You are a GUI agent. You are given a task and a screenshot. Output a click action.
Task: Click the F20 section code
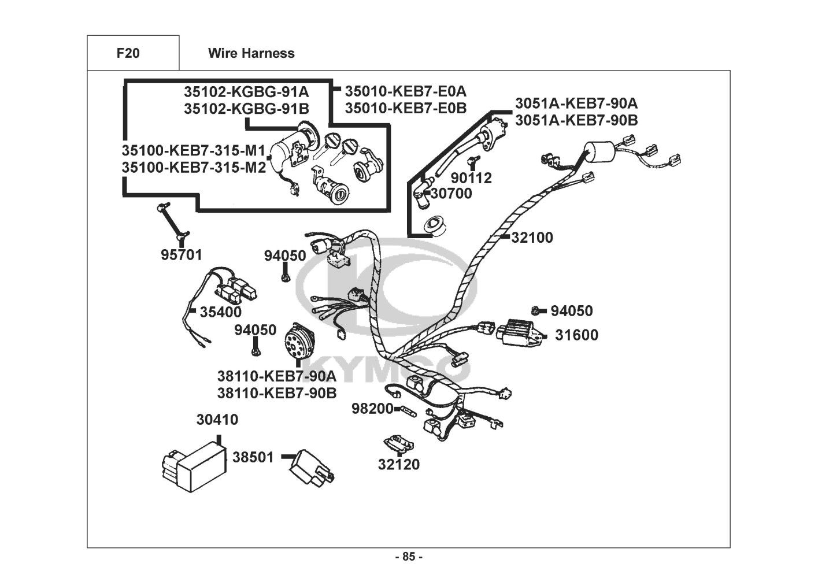pyautogui.click(x=128, y=53)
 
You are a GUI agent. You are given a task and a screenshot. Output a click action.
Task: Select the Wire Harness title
pyautogui.click(x=251, y=53)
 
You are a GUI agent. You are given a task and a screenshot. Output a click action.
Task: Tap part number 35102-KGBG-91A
pyautogui.click(x=246, y=91)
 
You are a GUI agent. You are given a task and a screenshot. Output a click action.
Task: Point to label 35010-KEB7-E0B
pyautogui.click(x=405, y=108)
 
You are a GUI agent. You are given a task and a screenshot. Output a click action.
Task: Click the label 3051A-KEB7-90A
pyautogui.click(x=576, y=103)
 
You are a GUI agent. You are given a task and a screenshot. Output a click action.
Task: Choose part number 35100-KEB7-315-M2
pyautogui.click(x=194, y=168)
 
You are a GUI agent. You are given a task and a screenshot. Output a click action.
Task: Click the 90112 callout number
pyautogui.click(x=471, y=178)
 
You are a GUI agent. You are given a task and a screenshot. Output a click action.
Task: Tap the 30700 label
pyautogui.click(x=451, y=194)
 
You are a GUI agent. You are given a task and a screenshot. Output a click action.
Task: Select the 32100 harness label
pyautogui.click(x=532, y=238)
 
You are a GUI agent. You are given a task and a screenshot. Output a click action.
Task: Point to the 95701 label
pyautogui.click(x=182, y=255)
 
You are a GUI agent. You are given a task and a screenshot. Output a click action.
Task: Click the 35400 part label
pyautogui.click(x=220, y=312)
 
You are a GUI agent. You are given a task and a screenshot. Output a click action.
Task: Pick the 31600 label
pyautogui.click(x=576, y=335)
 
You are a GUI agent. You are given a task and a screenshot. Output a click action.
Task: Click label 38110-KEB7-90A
pyautogui.click(x=276, y=376)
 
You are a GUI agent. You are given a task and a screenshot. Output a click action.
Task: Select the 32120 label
pyautogui.click(x=399, y=464)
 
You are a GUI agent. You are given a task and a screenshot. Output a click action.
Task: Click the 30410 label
pyautogui.click(x=217, y=420)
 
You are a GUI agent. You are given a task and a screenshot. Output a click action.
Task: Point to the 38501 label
pyautogui.click(x=253, y=457)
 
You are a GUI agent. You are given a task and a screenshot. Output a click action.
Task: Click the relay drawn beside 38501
pyautogui.click(x=313, y=465)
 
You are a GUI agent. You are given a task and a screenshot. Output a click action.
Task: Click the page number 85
pyautogui.click(x=409, y=557)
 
